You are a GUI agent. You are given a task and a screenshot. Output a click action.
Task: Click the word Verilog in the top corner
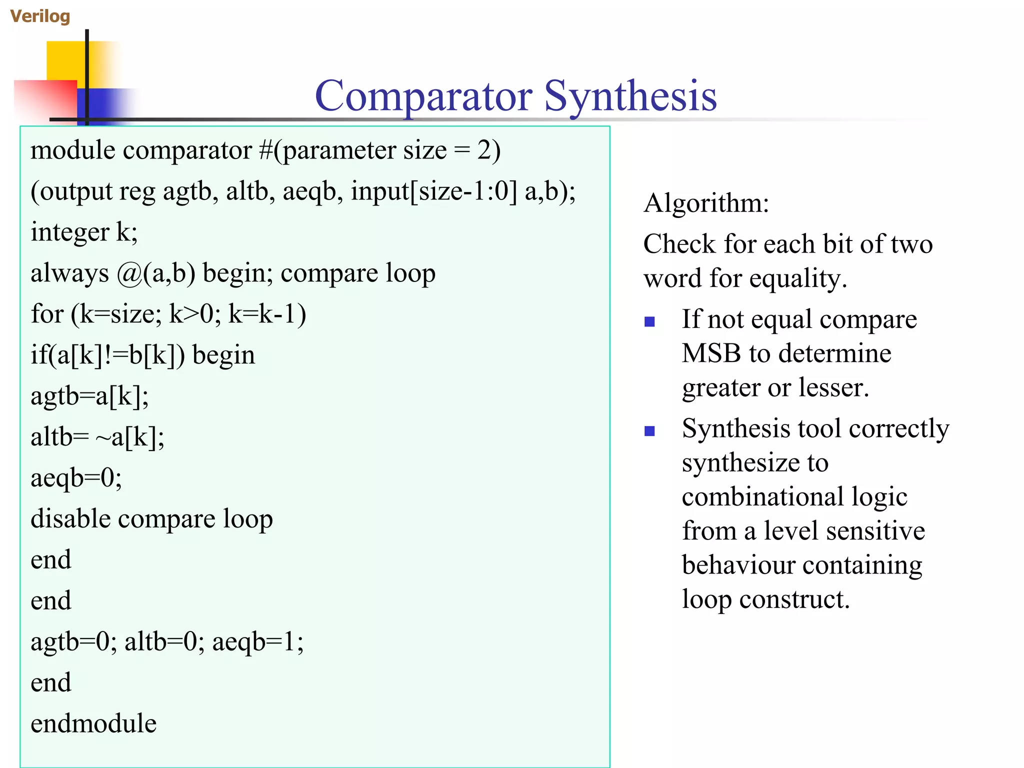pyautogui.click(x=40, y=16)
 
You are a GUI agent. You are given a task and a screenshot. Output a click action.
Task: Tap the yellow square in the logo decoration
pyautogui.click(x=65, y=60)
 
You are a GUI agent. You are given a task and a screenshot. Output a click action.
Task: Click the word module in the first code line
pyautogui.click(x=73, y=150)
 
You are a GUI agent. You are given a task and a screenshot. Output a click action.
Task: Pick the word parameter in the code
pyautogui.click(x=339, y=151)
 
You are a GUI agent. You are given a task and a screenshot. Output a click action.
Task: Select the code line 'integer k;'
pyautogui.click(x=84, y=232)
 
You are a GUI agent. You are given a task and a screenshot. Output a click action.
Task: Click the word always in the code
pyautogui.click(x=69, y=273)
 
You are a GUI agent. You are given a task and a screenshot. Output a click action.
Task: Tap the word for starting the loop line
pyautogui.click(x=47, y=314)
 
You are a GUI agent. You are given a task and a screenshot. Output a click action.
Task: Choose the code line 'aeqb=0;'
pyautogui.click(x=76, y=478)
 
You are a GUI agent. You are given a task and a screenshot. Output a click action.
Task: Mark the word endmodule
pyautogui.click(x=93, y=723)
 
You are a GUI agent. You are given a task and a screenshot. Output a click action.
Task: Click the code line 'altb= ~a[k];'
pyautogui.click(x=97, y=437)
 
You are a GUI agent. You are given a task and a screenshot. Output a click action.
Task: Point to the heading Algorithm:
pyautogui.click(x=706, y=203)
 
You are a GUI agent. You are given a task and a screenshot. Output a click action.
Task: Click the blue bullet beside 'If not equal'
pyautogui.click(x=649, y=321)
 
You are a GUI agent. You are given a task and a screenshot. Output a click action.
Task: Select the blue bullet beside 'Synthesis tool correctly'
pyautogui.click(x=649, y=430)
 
